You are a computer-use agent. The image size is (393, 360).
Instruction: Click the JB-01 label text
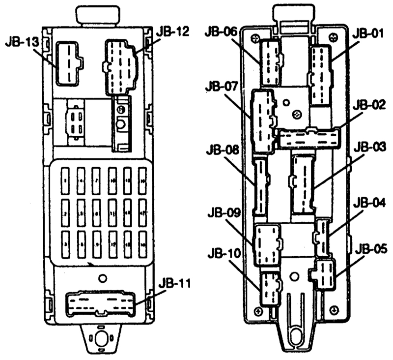coord(369,33)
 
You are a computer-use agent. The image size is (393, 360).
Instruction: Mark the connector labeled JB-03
coord(303,184)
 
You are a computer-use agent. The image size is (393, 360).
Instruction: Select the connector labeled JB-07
coord(263,120)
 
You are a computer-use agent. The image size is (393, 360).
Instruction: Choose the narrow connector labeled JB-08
coord(260,187)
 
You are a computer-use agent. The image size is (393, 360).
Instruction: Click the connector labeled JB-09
coord(266,244)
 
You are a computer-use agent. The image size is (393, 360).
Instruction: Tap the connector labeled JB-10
coord(269,289)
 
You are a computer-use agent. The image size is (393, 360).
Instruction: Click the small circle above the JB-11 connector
coord(102,278)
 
